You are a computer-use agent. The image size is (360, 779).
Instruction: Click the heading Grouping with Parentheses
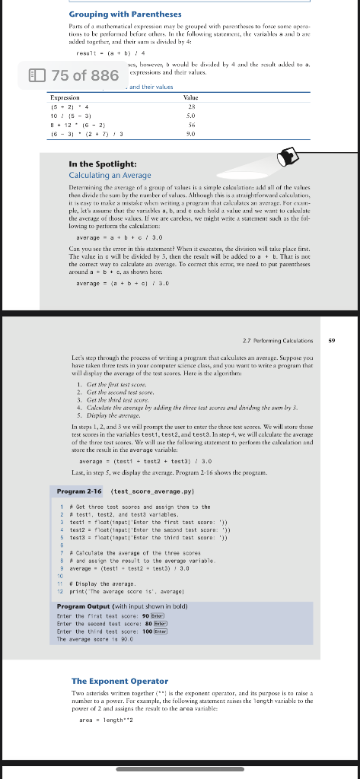(x=126, y=14)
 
